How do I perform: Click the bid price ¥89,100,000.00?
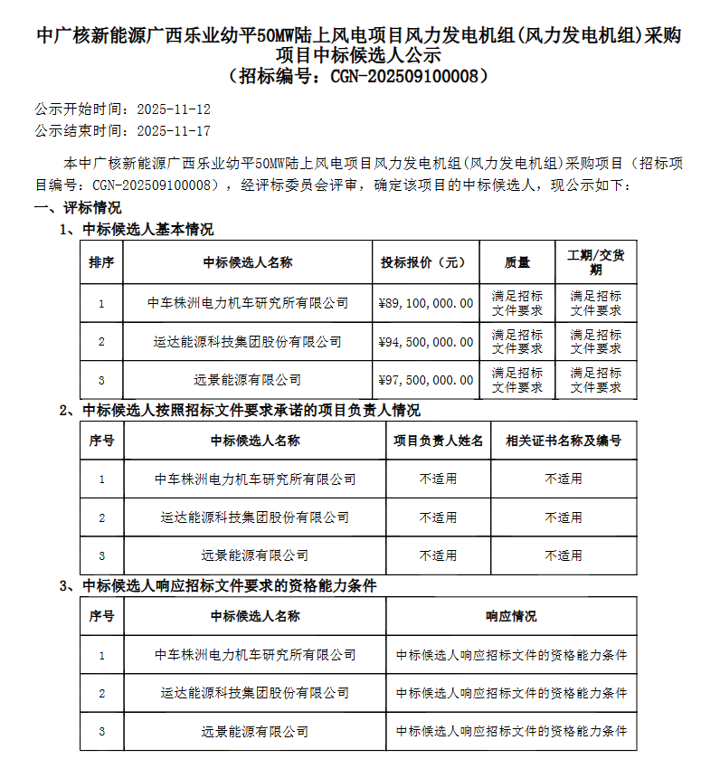point(425,304)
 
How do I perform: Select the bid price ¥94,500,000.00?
point(425,342)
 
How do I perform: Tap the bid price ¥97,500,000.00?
point(425,380)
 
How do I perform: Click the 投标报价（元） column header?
point(425,262)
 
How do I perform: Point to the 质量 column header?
point(517,262)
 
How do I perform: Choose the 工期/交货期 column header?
point(595,262)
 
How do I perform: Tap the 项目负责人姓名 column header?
point(438,441)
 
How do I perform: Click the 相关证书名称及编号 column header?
point(563,441)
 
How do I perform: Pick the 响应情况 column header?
point(511,616)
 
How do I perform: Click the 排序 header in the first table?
point(101,262)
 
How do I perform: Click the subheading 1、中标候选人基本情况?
point(137,230)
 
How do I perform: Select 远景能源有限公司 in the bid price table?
point(248,380)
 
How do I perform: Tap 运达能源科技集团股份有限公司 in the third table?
point(255,693)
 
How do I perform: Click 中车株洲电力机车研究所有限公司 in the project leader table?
point(255,479)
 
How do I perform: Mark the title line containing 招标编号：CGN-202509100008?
point(360,76)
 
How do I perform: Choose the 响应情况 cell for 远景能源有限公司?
point(511,731)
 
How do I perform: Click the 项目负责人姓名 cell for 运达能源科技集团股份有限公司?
point(438,517)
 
